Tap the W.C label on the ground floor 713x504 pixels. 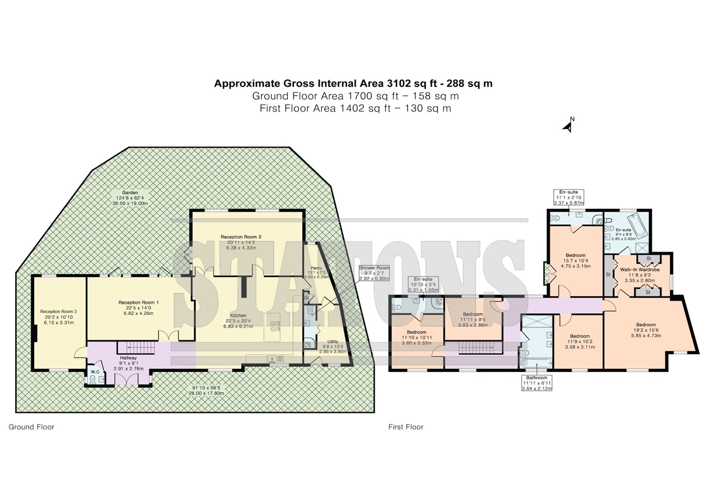(95, 372)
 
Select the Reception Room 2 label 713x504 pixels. (241, 237)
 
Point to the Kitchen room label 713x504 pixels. (238, 316)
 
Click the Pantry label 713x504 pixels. (316, 268)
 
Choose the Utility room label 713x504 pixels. (333, 342)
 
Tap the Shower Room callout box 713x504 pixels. (374, 273)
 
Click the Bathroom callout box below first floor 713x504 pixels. (537, 383)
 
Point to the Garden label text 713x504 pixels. (130, 193)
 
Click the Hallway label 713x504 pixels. (128, 358)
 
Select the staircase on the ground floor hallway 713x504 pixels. (136, 348)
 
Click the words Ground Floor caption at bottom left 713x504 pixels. (31, 427)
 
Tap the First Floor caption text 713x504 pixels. (406, 427)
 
